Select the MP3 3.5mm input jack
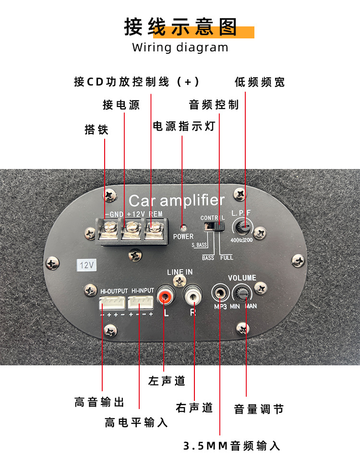pos(220,292)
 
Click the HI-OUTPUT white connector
pos(112,302)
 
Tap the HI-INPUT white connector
pos(141,302)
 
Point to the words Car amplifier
pos(177,200)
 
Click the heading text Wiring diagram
pos(180,47)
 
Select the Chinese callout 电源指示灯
pos(183,126)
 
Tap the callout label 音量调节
pos(259,409)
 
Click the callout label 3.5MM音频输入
pos(231,446)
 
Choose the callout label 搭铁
pos(96,130)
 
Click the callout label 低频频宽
pos(259,82)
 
